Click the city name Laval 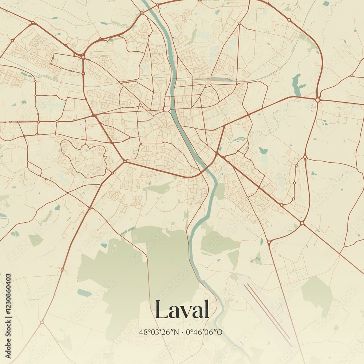(182, 310)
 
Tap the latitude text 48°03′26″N (159, 332)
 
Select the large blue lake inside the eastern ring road (298, 86)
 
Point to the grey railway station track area (218, 79)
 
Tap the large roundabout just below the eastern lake (318, 99)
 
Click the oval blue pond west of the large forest (84, 292)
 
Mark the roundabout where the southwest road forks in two (42, 322)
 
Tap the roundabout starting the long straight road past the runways (269, 242)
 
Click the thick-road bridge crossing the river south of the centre (206, 169)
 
